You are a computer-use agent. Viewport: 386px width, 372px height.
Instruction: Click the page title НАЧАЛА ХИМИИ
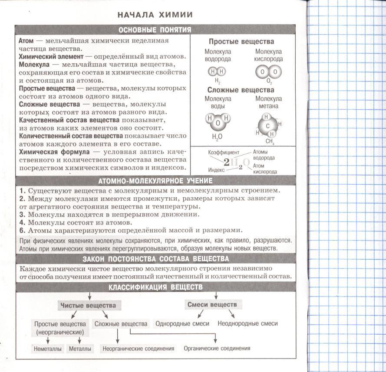pos(155,15)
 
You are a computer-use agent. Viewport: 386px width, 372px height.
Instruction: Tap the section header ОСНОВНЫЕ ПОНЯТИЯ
pos(155,30)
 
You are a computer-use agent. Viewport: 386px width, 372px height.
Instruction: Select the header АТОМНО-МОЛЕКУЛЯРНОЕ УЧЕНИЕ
pos(155,181)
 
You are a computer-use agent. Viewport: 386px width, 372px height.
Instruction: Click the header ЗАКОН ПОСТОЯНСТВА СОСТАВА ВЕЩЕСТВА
pos(155,259)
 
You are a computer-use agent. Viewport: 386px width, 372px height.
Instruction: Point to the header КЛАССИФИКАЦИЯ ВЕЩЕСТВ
pos(155,287)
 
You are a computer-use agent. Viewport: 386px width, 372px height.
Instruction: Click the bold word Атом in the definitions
pos(26,40)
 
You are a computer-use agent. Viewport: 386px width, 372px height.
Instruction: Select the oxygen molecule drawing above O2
pos(268,72)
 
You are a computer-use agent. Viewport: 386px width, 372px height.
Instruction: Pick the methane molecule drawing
pos(269,125)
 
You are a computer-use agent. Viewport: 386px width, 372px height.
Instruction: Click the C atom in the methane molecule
pos(268,126)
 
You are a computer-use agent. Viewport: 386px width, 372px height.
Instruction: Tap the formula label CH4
pos(269,141)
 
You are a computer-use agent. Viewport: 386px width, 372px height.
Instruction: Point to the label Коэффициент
pos(224,153)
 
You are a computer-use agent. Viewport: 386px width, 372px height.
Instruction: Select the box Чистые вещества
pos(88,305)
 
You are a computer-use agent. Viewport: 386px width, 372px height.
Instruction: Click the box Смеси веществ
pos(212,304)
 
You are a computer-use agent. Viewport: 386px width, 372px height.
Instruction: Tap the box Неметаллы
pos(48,349)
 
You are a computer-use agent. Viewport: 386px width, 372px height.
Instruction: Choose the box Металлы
pos(80,349)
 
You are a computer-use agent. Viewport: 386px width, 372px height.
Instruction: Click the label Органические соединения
pos(217,348)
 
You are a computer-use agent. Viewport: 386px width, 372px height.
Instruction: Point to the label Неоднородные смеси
pos(247,323)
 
